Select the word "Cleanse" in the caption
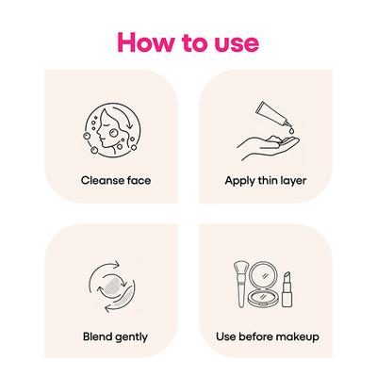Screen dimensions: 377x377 pos(102,180)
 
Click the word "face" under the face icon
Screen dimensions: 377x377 pos(139,180)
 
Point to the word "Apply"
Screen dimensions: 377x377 pos(239,182)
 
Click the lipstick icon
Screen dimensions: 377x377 pos(287,289)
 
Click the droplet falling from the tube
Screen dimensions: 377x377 pos(292,131)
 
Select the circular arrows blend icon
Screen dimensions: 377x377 pos(112,287)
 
